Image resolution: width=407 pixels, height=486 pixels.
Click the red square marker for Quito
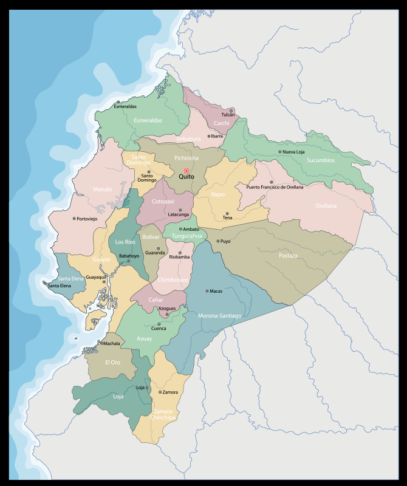coord(186,171)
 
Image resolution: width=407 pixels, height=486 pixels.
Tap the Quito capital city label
coord(186,177)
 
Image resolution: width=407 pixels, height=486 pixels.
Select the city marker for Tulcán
coord(231,111)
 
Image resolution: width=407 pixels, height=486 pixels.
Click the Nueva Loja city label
coord(293,152)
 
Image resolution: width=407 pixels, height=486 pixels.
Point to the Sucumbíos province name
coord(321,160)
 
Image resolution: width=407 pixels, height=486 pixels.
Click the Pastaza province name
coord(288,256)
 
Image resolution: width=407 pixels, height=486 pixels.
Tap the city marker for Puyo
coord(218,241)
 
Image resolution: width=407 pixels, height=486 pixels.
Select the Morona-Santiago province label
coord(220,316)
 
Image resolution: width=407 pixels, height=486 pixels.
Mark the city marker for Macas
coord(207,291)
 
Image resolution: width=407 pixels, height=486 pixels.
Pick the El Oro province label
coord(112,362)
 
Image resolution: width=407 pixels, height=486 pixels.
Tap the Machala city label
coord(112,343)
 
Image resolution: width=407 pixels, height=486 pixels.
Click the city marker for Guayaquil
coord(104,281)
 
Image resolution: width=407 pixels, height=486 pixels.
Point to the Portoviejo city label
coord(87,219)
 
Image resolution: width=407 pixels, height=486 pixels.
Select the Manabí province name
coord(102,189)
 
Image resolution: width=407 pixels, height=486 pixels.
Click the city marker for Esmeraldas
coord(118,102)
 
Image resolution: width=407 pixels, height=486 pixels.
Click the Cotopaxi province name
coord(163,201)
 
